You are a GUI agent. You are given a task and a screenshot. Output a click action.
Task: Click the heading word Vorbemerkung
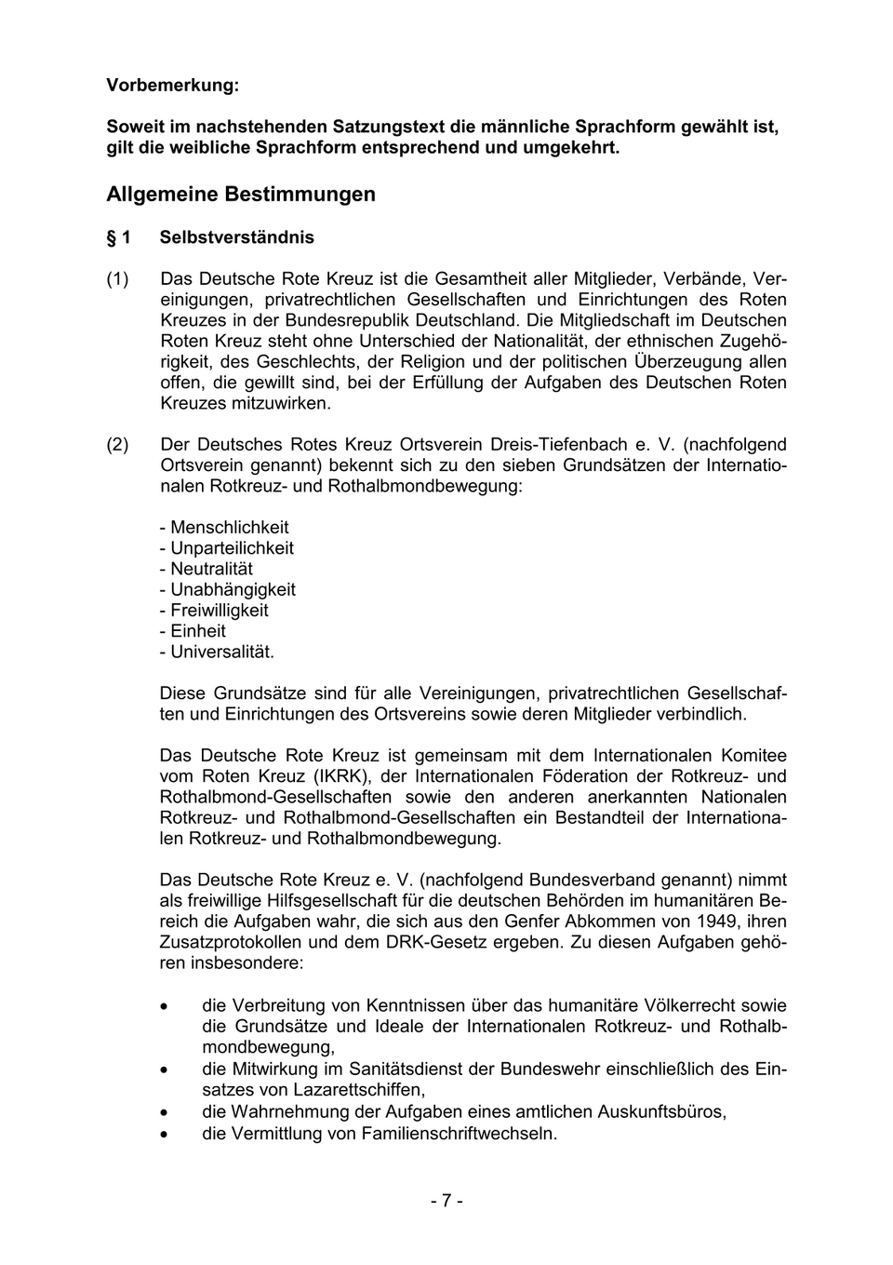pyautogui.click(x=172, y=85)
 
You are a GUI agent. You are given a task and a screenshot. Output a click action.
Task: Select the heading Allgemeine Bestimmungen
pyautogui.click(x=241, y=194)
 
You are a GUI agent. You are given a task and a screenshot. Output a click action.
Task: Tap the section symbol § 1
pyautogui.click(x=118, y=237)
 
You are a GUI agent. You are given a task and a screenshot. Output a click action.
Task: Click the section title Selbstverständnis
pyautogui.click(x=236, y=237)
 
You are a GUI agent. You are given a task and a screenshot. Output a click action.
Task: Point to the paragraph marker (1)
pyautogui.click(x=117, y=279)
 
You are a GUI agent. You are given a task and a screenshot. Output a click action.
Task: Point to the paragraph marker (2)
pyautogui.click(x=117, y=445)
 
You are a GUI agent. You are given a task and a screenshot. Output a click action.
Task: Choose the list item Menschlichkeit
pyautogui.click(x=229, y=528)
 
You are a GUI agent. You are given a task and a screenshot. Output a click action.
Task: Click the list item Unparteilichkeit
pyautogui.click(x=232, y=548)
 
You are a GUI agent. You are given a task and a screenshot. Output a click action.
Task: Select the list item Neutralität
pyautogui.click(x=211, y=569)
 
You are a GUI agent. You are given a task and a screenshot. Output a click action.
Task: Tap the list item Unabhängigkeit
pyautogui.click(x=233, y=589)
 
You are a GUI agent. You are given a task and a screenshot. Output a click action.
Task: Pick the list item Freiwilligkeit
pyautogui.click(x=219, y=611)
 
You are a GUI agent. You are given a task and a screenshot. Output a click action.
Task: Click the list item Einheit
pyautogui.click(x=197, y=631)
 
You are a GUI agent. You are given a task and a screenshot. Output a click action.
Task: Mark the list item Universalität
pyautogui.click(x=221, y=652)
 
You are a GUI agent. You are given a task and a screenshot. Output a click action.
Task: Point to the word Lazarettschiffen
pyautogui.click(x=358, y=1089)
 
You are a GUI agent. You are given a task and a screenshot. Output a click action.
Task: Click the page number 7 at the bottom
pyautogui.click(x=446, y=1201)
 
